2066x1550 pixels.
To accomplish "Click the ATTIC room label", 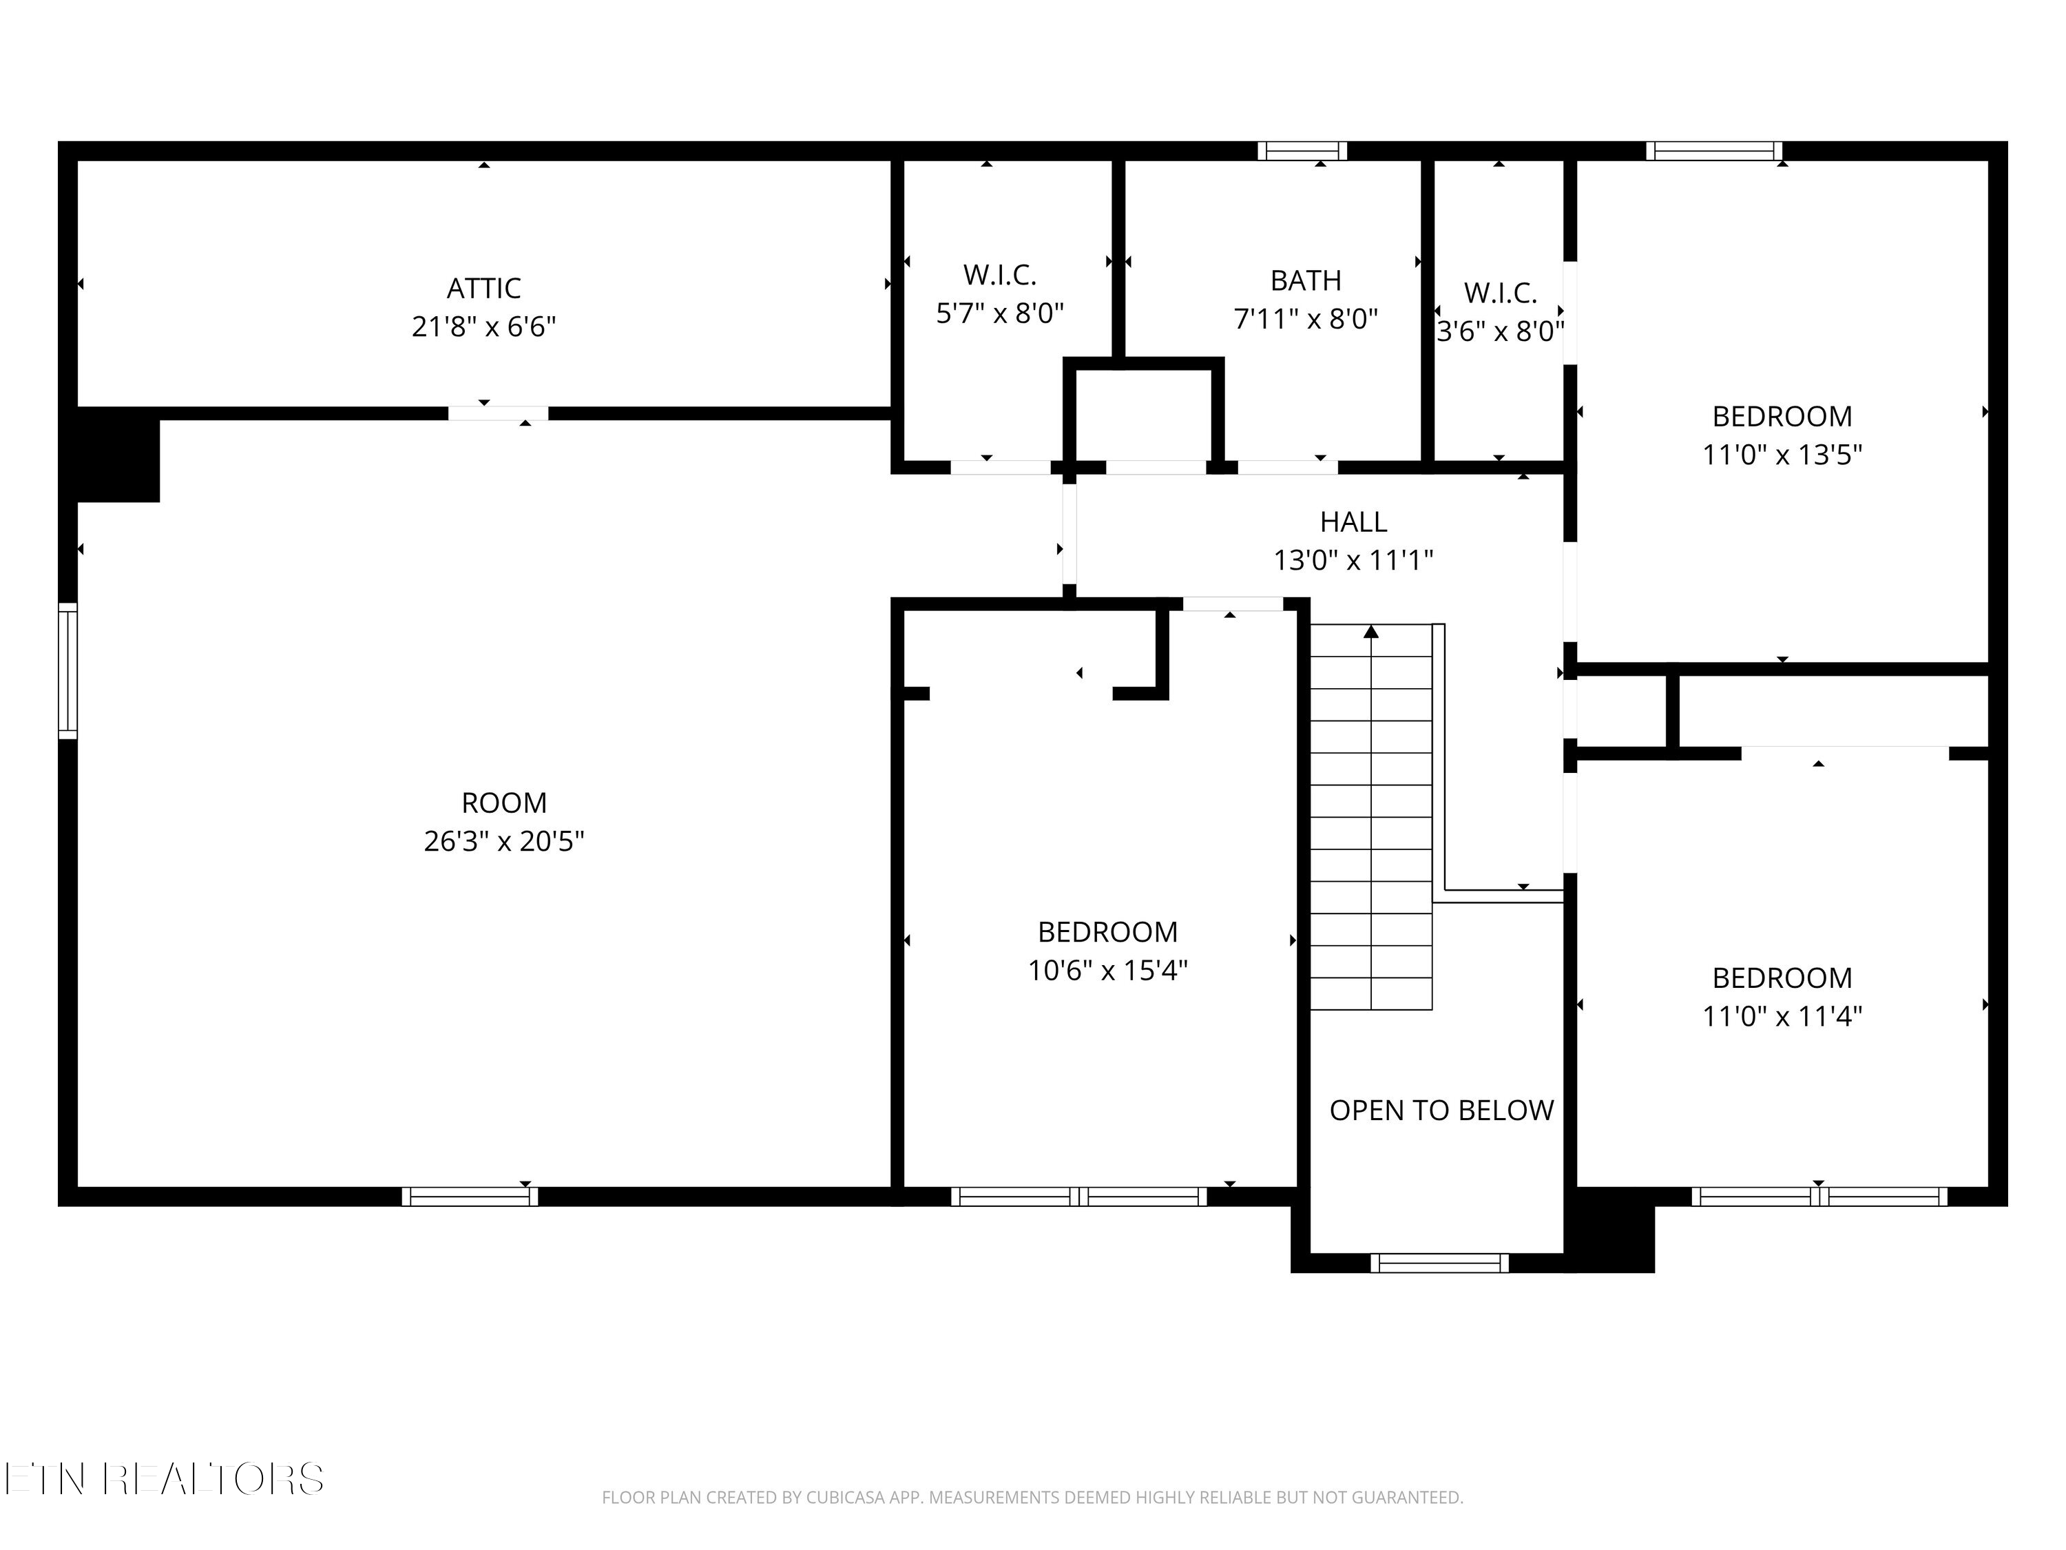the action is click(484, 289).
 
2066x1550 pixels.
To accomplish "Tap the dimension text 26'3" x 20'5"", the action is click(504, 842).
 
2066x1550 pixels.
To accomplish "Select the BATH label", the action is click(1306, 280).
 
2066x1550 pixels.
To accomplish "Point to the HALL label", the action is click(1353, 521).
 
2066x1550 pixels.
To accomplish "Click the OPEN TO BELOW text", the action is click(1441, 1110).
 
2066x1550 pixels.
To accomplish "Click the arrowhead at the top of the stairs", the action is click(1371, 632).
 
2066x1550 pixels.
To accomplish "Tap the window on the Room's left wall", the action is click(68, 671).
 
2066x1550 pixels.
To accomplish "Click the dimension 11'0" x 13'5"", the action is click(1782, 455).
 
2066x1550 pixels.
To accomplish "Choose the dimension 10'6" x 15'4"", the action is click(1107, 971).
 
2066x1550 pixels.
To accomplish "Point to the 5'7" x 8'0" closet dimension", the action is click(1001, 313).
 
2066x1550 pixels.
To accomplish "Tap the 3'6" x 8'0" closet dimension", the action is click(1500, 331).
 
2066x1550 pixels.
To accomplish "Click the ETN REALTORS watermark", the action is click(165, 1479).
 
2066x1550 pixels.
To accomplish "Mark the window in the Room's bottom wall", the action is click(470, 1197).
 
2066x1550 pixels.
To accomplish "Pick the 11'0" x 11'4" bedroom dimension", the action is click(1782, 1017).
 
